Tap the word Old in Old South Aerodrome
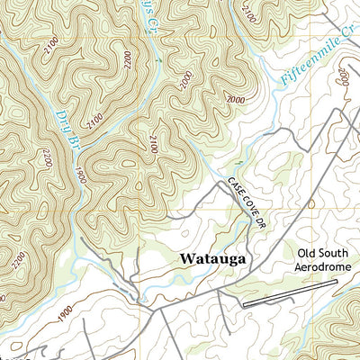click(309, 253)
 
